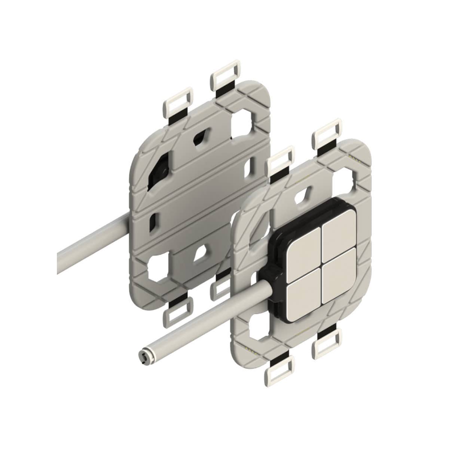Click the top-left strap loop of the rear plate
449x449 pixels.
[177, 101]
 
